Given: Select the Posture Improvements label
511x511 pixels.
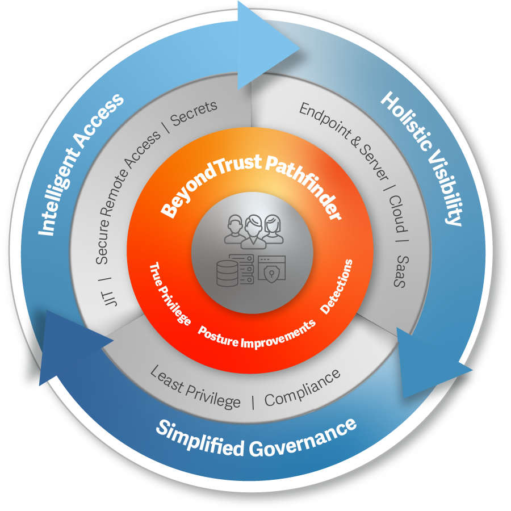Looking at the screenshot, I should click(256, 336).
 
